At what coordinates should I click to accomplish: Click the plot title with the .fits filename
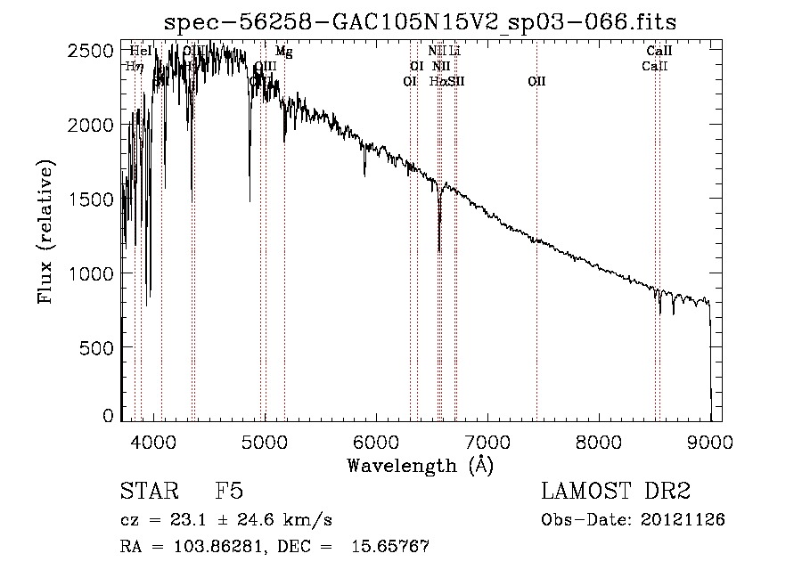421,22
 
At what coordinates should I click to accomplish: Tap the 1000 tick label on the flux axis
92,273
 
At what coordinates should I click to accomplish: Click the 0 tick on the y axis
108,416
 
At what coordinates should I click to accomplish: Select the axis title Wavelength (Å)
420,465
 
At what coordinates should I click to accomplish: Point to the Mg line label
283,52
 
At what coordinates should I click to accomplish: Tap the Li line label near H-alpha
454,52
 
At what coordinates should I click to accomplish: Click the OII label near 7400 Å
536,81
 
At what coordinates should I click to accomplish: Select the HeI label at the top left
140,52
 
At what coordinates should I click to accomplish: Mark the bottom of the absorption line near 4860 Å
250,199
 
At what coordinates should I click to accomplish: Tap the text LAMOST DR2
616,492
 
